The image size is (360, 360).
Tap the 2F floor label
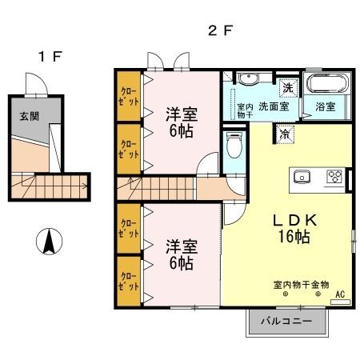coord(220,31)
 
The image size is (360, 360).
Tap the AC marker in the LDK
coord(340,294)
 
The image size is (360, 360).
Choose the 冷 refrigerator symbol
coord(285,134)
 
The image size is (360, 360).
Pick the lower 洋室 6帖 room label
coord(180,253)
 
